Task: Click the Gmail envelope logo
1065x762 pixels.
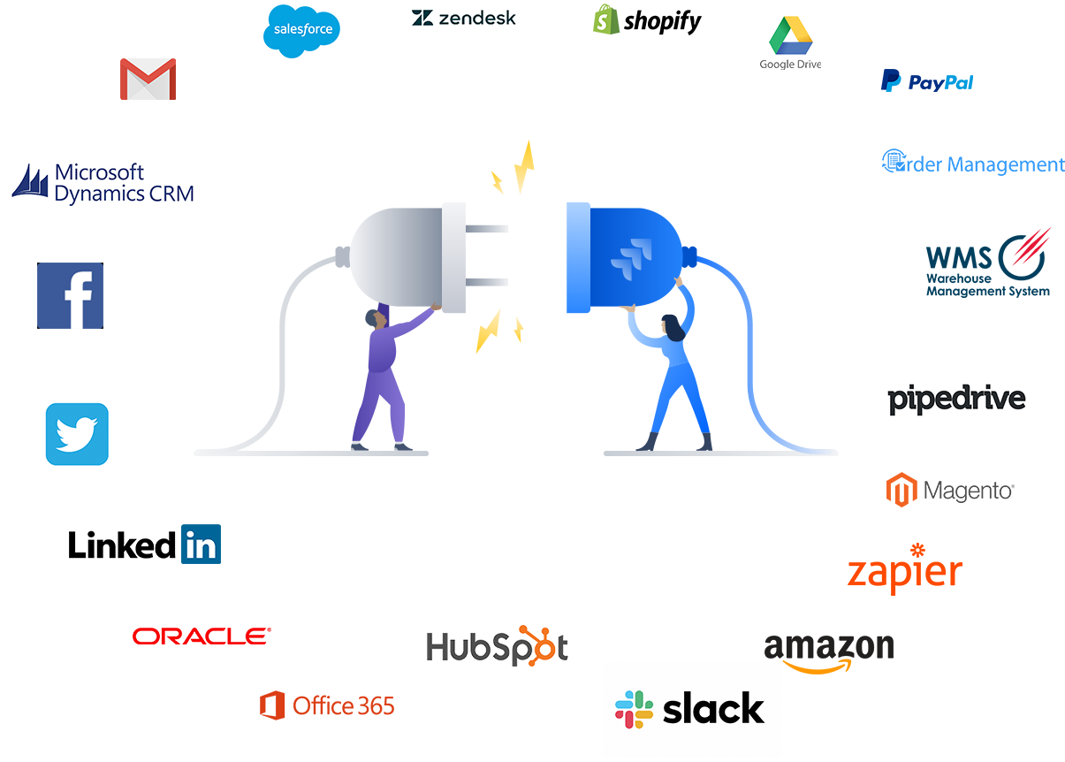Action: coord(148,80)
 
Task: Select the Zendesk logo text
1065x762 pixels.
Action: coord(464,18)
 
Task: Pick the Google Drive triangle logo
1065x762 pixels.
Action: coord(790,38)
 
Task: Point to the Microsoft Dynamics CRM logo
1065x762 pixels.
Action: coord(103,183)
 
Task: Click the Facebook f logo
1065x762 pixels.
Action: coord(70,295)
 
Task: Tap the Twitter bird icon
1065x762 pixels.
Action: coord(77,434)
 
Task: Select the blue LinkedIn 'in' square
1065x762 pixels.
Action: coord(201,545)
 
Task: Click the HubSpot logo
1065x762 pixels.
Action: coord(496,645)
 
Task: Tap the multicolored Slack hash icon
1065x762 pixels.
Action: coord(634,709)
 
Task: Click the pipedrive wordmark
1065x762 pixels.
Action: coord(956,400)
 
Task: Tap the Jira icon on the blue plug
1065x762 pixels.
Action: coord(628,257)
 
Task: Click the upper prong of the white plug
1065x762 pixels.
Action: coord(487,229)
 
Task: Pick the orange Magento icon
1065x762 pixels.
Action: coord(903,490)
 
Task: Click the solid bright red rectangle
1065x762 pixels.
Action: coord(202,636)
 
